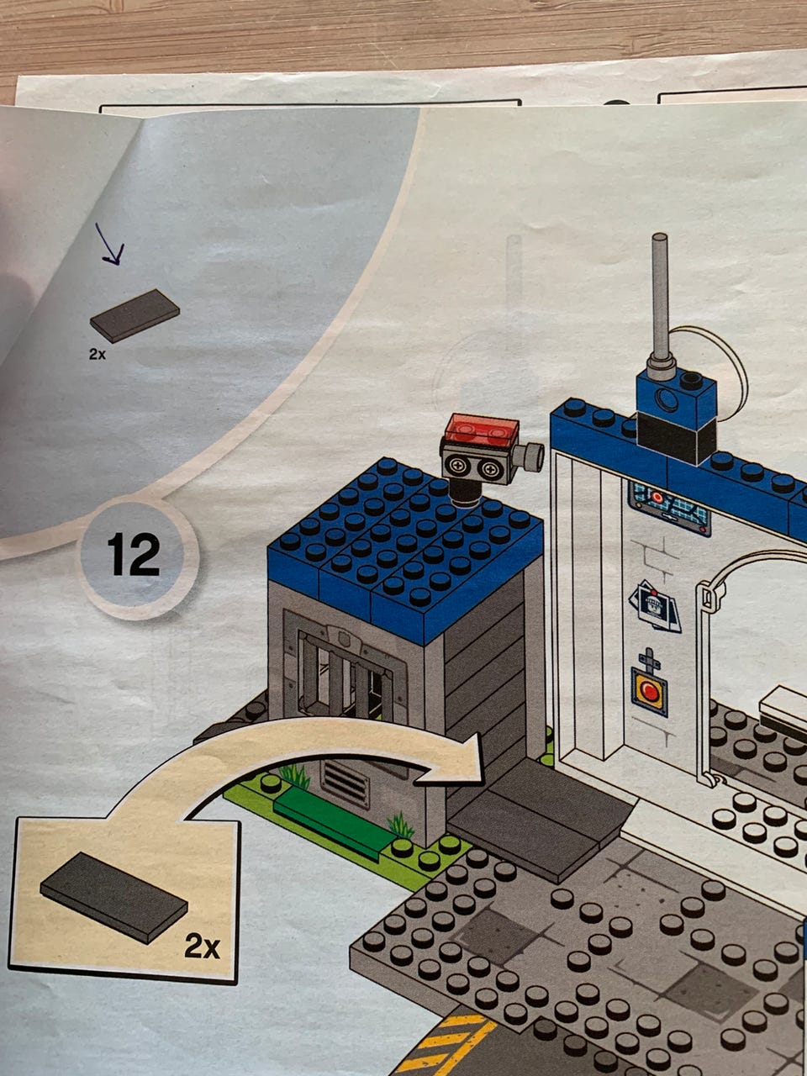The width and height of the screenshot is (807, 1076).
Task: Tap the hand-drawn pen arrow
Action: click(x=109, y=245)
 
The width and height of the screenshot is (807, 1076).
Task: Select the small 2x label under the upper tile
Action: click(x=97, y=354)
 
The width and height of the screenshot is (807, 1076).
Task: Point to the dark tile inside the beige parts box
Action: click(x=113, y=898)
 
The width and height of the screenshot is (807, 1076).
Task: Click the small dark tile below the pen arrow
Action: click(x=134, y=316)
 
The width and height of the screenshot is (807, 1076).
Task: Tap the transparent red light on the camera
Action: click(x=481, y=428)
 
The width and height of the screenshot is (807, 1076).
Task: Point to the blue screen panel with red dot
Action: click(x=669, y=508)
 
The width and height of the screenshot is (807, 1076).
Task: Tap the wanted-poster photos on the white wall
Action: click(x=655, y=606)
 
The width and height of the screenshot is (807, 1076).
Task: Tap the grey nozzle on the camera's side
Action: click(x=530, y=456)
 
